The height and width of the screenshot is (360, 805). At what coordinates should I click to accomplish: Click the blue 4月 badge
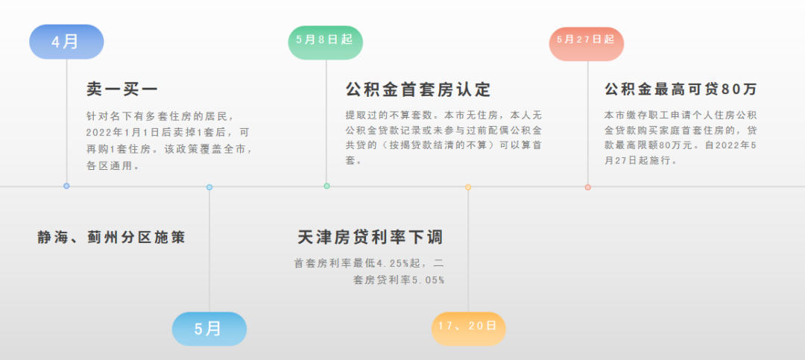pos(66,42)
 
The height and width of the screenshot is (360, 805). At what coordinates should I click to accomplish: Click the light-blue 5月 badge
pos(209,329)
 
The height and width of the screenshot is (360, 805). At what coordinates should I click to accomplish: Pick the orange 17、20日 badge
pos(468,328)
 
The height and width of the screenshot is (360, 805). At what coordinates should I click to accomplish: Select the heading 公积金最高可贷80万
pos(681,89)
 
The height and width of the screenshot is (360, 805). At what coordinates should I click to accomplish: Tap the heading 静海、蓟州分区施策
pos(111,238)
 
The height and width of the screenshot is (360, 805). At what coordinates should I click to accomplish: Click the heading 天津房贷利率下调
pos(370,238)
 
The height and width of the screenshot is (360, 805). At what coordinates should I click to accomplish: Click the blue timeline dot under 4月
pos(66,186)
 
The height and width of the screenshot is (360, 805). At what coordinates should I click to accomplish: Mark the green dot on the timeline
pos(326,186)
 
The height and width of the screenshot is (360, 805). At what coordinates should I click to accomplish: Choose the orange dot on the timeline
pos(468,187)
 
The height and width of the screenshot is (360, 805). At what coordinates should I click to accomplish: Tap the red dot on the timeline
pos(587,187)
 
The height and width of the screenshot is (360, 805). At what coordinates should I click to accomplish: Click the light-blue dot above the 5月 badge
pos(209,187)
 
